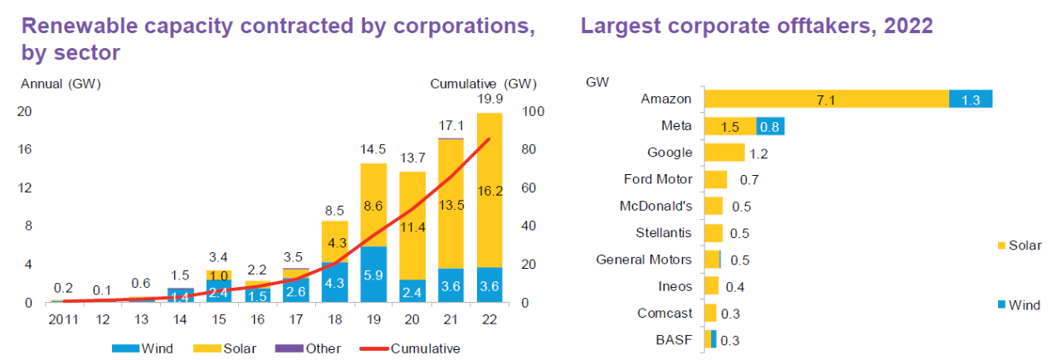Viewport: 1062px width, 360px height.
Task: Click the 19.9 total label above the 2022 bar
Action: coord(489,100)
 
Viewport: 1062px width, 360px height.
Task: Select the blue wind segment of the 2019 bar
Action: coord(373,274)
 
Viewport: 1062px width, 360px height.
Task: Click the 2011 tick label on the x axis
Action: coord(64,319)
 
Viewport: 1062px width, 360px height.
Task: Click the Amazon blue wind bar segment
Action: coord(971,99)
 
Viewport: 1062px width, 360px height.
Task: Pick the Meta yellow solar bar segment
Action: coord(729,126)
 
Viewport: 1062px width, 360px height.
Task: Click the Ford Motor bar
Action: coord(715,179)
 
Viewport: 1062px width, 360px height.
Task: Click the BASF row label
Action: coord(675,340)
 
